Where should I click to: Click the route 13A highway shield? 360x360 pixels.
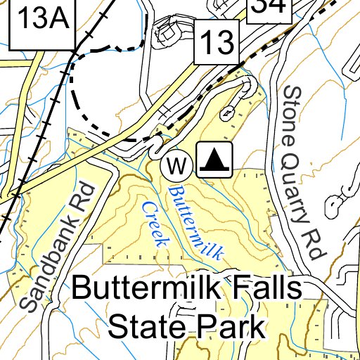click(41, 21)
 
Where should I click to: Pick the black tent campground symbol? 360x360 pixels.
click(214, 160)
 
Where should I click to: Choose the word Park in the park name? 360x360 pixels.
click(233, 326)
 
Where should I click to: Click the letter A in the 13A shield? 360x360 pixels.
click(58, 21)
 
